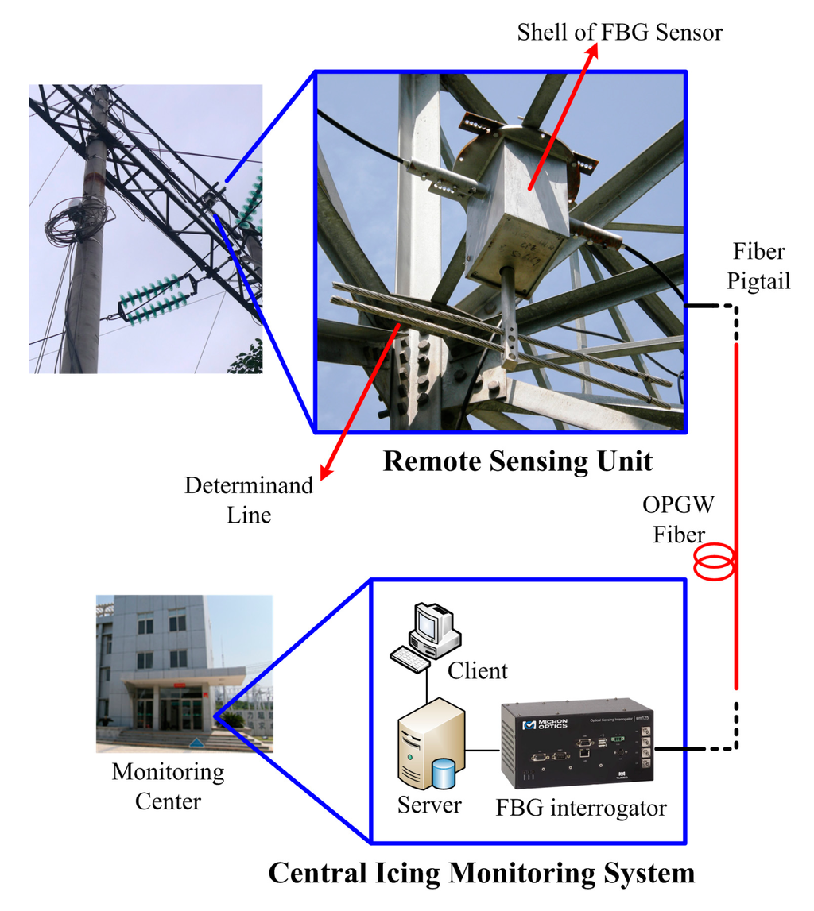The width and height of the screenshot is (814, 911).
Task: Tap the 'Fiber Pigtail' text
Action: click(x=759, y=267)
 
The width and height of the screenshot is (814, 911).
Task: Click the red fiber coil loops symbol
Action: click(x=713, y=562)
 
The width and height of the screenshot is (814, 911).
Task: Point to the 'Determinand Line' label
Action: click(x=250, y=500)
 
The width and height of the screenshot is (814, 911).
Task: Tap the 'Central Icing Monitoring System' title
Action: click(x=481, y=873)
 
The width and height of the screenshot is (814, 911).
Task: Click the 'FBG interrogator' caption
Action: click(x=581, y=808)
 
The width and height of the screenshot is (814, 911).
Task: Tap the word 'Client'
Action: click(x=478, y=671)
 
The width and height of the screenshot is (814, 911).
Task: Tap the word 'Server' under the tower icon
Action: click(x=429, y=805)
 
